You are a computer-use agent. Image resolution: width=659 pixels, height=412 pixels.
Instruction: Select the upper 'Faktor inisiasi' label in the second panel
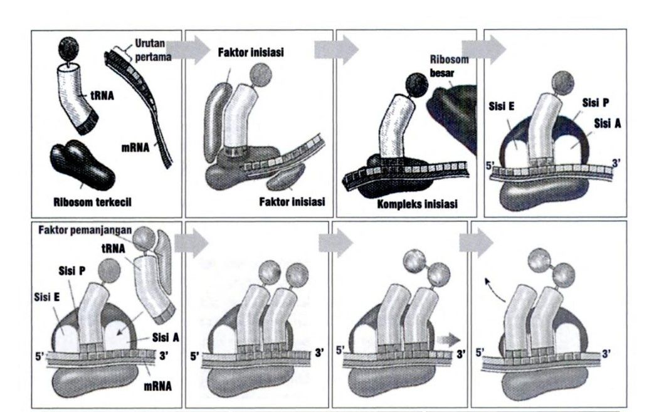(251, 53)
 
